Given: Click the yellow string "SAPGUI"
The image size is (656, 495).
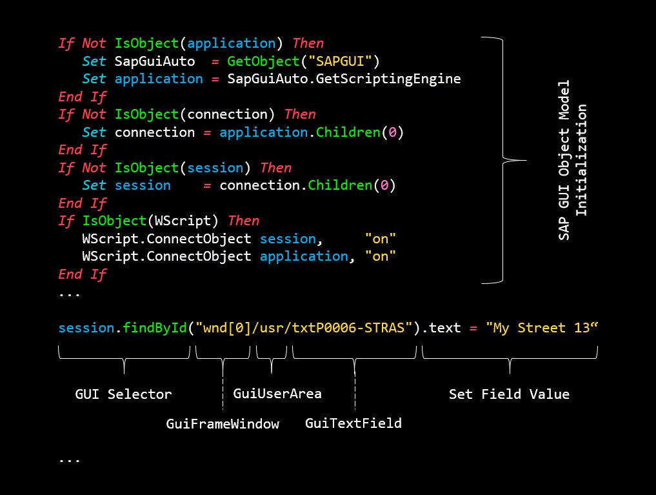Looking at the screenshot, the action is (x=340, y=61).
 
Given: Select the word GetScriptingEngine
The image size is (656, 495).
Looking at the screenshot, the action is (x=388, y=79).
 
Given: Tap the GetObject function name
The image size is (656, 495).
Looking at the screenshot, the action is (x=263, y=62).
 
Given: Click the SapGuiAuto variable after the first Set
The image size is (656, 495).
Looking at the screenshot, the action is (x=155, y=61).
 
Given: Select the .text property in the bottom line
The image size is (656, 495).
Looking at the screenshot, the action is (x=441, y=328).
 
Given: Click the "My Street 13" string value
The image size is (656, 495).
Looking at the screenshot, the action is (x=542, y=328).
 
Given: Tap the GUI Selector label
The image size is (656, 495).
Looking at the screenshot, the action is (x=123, y=394).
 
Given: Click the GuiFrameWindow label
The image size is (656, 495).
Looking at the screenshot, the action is (x=223, y=424).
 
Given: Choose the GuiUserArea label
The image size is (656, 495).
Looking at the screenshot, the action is (x=277, y=393).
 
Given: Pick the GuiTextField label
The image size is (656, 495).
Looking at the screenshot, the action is (x=353, y=423).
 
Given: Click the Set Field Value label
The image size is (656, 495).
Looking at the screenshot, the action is (x=509, y=394).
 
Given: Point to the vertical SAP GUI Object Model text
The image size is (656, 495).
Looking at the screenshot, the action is (x=564, y=160).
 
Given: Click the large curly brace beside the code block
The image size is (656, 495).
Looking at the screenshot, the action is (x=504, y=160).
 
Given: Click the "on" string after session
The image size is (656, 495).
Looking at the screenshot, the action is (x=381, y=239).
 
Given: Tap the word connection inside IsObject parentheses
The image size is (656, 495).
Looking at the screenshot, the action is (x=227, y=114).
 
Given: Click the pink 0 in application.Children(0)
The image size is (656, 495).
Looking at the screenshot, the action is (x=392, y=132).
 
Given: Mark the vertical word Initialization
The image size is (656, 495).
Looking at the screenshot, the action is (x=582, y=160).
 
